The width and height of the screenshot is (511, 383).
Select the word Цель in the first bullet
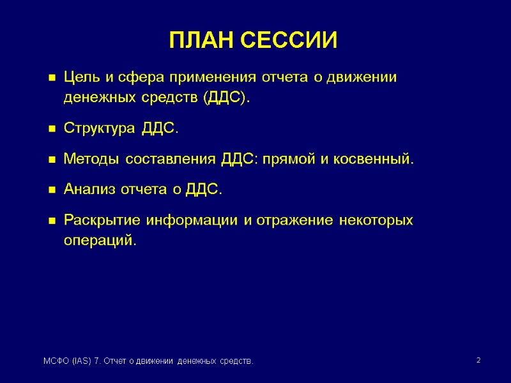click(x=82, y=78)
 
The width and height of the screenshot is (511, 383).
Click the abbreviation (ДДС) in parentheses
click(x=226, y=98)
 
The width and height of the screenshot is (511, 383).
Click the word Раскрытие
click(x=103, y=221)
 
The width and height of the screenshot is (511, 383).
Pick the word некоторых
click(x=376, y=221)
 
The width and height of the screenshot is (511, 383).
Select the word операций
click(x=100, y=241)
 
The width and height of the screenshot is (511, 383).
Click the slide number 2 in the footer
click(x=478, y=361)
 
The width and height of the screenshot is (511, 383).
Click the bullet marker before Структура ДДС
click(x=52, y=130)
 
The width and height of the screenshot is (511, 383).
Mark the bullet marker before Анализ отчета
click(x=52, y=190)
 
